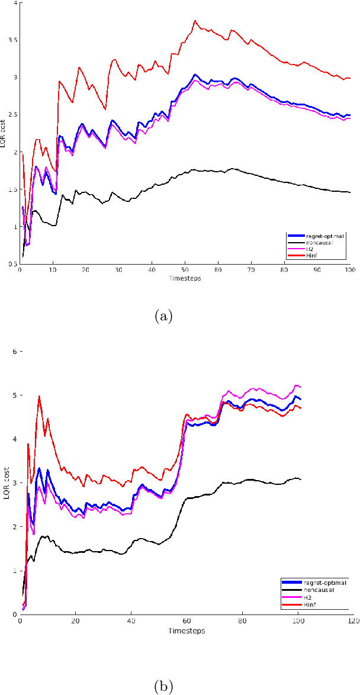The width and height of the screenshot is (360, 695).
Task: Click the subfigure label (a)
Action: pyautogui.click(x=163, y=317)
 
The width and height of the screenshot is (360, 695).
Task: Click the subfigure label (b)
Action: pyautogui.click(x=163, y=686)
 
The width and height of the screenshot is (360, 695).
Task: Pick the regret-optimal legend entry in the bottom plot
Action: pyautogui.click(x=322, y=582)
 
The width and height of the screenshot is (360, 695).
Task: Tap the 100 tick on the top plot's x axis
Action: pyautogui.click(x=349, y=270)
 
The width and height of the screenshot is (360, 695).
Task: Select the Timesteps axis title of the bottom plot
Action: pyautogui.click(x=186, y=630)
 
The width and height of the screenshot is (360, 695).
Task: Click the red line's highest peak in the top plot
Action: pyautogui.click(x=195, y=21)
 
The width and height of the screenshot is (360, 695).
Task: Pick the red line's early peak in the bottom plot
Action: pyautogui.click(x=39, y=397)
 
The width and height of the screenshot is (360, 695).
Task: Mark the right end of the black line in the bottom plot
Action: pyautogui.click(x=301, y=479)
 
